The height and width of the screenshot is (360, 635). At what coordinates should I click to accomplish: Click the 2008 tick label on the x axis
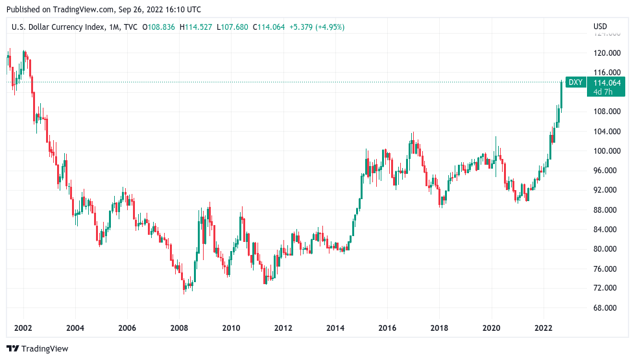click(179, 328)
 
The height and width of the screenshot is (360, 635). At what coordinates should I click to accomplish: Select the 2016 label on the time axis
click(387, 328)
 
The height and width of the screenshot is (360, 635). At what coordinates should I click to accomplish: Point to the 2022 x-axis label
click(543, 328)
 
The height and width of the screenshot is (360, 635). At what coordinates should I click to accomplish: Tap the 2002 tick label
click(23, 328)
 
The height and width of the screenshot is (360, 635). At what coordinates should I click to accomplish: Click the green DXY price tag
click(575, 82)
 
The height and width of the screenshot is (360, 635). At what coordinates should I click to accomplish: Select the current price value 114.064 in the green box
click(607, 82)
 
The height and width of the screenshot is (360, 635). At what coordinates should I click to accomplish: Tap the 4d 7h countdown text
click(603, 91)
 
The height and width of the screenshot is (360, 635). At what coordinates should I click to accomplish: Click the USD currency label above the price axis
click(600, 27)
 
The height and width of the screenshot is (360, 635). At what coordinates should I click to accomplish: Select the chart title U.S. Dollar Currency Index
click(54, 27)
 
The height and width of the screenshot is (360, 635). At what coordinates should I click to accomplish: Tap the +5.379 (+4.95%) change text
click(317, 27)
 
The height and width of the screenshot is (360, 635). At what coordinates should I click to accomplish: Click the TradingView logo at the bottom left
click(37, 348)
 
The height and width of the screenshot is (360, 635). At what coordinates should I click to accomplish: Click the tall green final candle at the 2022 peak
click(562, 95)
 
